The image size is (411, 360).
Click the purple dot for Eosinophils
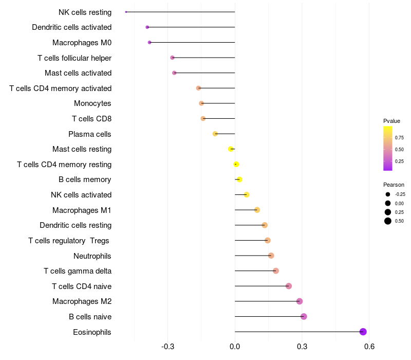[363, 332]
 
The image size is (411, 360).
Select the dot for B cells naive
[304, 316]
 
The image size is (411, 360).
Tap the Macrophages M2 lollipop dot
[300, 301]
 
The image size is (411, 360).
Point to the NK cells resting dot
[126, 12]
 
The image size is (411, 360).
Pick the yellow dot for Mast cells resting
[231, 149]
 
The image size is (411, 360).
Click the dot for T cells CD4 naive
[289, 286]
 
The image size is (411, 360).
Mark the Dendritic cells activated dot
[147, 27]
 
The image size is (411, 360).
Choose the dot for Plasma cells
[215, 134]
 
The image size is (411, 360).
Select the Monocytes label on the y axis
[92, 103]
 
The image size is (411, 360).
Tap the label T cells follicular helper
[74, 58]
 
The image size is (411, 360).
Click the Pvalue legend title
[391, 121]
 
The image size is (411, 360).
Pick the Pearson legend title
[394, 185]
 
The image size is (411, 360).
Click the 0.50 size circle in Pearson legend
[387, 221]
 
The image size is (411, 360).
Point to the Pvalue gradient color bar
[388, 148]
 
